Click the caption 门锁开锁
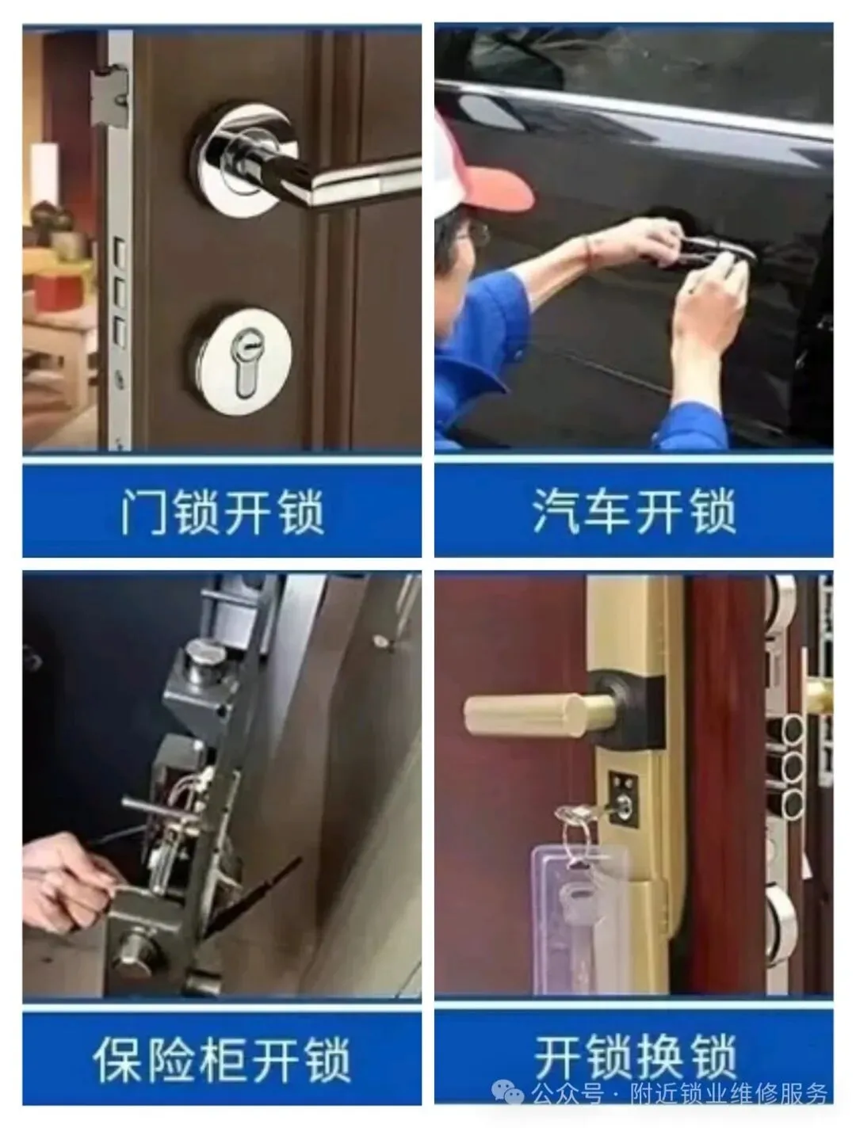pos(223,512)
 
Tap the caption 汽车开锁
pos(634,511)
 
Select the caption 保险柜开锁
pos(222,1059)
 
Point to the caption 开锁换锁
pos(636,1057)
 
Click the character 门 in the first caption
pos(144,513)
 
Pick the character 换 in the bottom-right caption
pos(661,1057)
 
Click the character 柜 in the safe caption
pos(222,1059)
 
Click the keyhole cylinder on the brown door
pos(246,361)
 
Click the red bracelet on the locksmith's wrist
pos(587,251)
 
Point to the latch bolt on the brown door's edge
pos(109,97)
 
